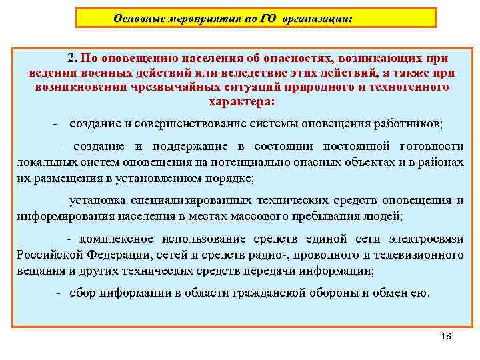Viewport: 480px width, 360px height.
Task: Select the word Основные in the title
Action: coord(137,19)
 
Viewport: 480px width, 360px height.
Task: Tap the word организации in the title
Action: coord(317,19)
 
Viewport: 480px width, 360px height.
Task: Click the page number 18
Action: coord(446,335)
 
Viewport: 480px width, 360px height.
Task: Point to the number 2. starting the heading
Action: coord(72,58)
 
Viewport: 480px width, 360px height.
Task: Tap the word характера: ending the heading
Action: coord(241,102)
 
